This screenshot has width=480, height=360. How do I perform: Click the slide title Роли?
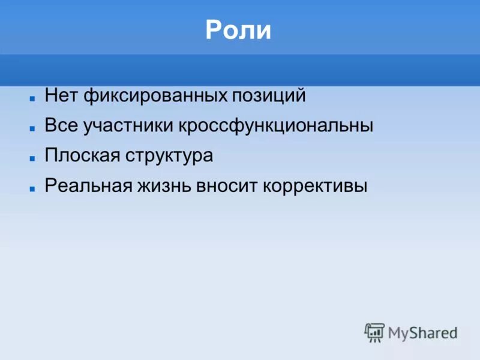pyautogui.click(x=238, y=31)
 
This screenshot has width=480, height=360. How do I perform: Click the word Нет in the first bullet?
pyautogui.click(x=62, y=95)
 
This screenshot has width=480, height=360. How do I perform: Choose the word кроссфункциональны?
pyautogui.click(x=276, y=126)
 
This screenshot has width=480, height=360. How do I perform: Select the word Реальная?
pyautogui.click(x=88, y=185)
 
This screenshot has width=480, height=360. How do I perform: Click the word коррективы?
pyautogui.click(x=314, y=186)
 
